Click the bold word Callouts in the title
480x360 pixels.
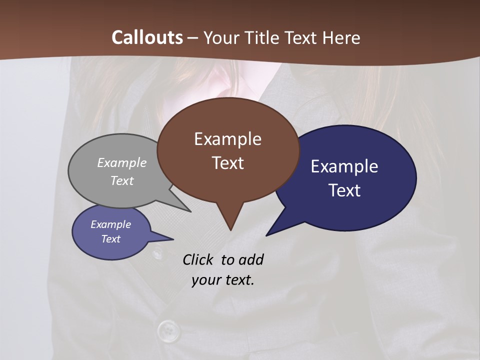(147, 37)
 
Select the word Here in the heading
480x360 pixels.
(341, 37)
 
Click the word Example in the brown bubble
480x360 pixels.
(227, 139)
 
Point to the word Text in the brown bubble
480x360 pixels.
(227, 163)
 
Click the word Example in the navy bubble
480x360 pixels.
(344, 166)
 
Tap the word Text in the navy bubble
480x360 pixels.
(344, 190)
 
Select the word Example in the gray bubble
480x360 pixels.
(122, 162)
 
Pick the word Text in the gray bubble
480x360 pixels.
(122, 180)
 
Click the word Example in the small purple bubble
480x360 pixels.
(110, 224)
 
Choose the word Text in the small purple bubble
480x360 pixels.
(110, 239)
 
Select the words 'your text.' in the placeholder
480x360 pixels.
(223, 280)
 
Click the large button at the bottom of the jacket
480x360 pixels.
(168, 330)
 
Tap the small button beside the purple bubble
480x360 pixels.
(157, 253)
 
